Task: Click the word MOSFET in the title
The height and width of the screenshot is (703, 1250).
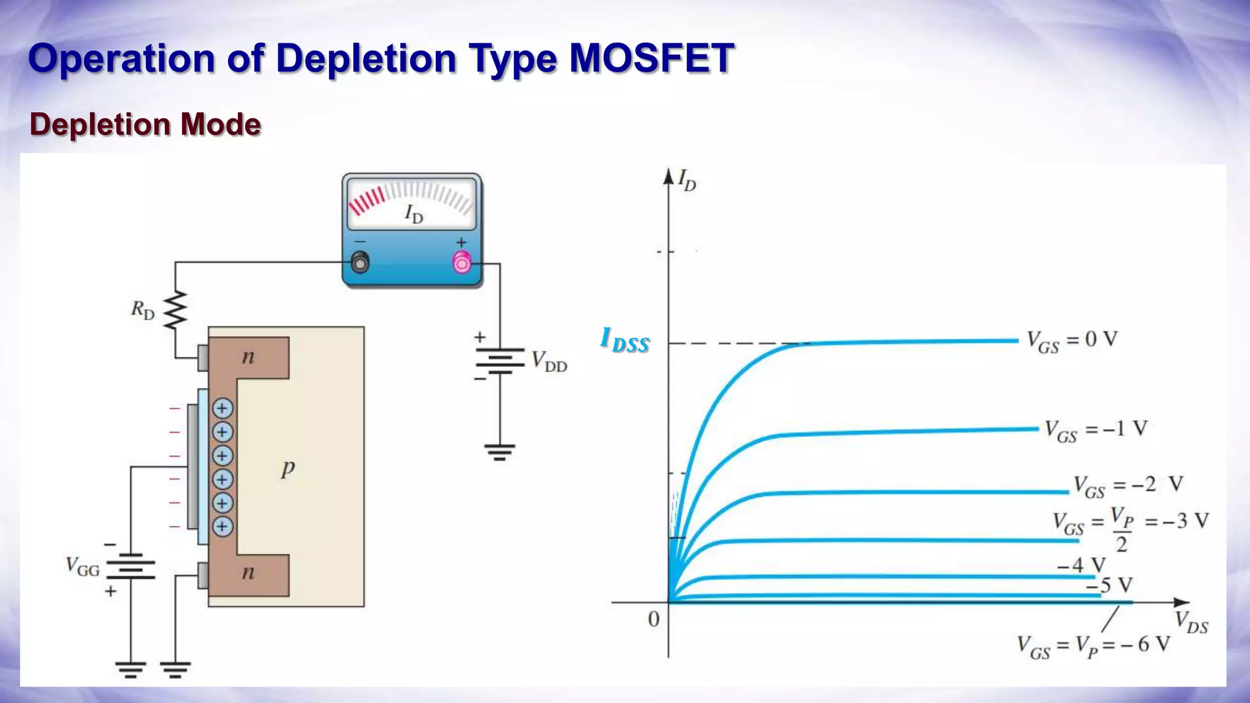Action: pyautogui.click(x=651, y=59)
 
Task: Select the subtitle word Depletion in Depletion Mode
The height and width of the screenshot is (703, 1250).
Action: pyautogui.click(x=99, y=124)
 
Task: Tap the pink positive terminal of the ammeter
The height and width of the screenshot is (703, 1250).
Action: pyautogui.click(x=462, y=262)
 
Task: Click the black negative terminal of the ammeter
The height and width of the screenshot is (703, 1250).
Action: pyautogui.click(x=361, y=263)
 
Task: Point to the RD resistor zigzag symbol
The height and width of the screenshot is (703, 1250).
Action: pyautogui.click(x=176, y=310)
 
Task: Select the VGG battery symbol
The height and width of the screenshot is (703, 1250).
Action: pyautogui.click(x=131, y=566)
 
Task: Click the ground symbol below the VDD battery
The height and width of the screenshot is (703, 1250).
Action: pyautogui.click(x=500, y=452)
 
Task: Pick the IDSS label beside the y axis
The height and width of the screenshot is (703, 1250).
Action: pyautogui.click(x=625, y=340)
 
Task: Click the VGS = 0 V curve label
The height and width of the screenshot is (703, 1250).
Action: pyautogui.click(x=1072, y=341)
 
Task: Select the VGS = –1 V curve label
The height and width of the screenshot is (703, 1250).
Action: pyautogui.click(x=1096, y=430)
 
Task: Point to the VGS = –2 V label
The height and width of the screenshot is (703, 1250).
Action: pyautogui.click(x=1129, y=486)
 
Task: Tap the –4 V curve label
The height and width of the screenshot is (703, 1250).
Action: pyautogui.click(x=1081, y=565)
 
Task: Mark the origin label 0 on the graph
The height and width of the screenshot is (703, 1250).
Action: pyautogui.click(x=654, y=619)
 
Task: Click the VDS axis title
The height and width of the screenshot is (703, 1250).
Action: pyautogui.click(x=1191, y=623)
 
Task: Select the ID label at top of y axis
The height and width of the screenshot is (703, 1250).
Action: pyautogui.click(x=687, y=180)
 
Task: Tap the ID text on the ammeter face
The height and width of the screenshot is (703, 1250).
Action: pyautogui.click(x=414, y=214)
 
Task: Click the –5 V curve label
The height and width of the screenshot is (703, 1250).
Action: pyautogui.click(x=1110, y=585)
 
